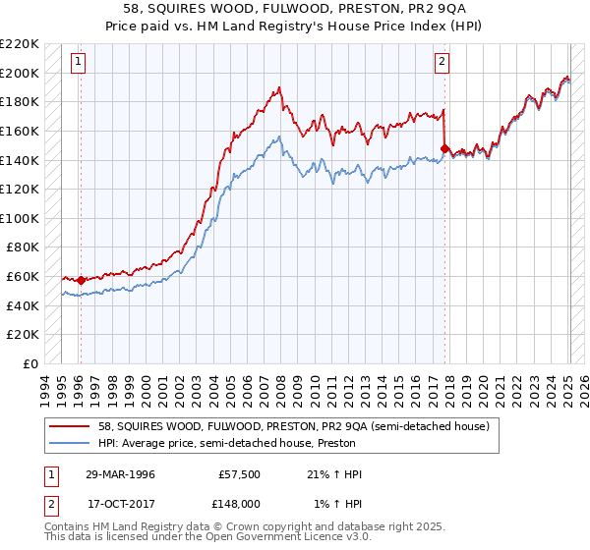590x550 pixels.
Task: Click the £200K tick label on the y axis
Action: coord(20,73)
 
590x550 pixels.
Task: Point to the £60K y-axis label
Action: coord(23,277)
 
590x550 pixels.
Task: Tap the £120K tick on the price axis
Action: coord(20,190)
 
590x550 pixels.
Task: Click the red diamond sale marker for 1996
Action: coord(81,280)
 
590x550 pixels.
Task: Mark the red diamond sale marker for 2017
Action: coord(444,148)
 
